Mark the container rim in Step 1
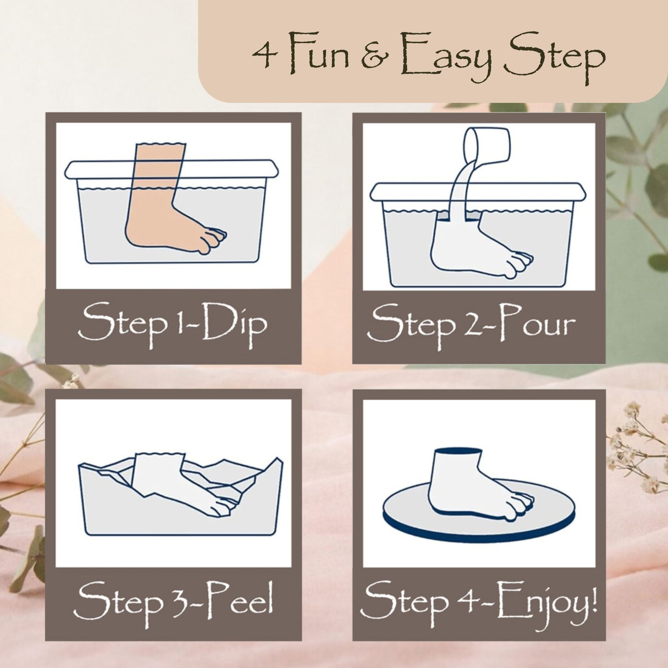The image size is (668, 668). click(172, 170)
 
